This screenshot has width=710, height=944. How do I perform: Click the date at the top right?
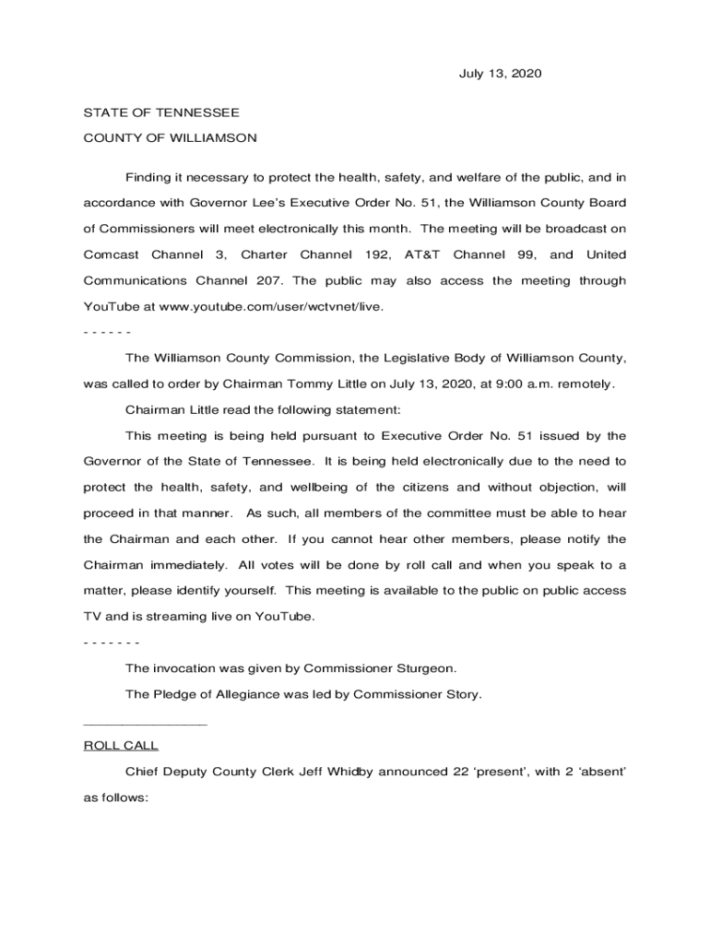point(501,73)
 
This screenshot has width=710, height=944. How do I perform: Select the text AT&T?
point(422,254)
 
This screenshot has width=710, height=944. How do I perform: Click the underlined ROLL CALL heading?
point(121,745)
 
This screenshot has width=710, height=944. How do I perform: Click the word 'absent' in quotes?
point(602,771)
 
